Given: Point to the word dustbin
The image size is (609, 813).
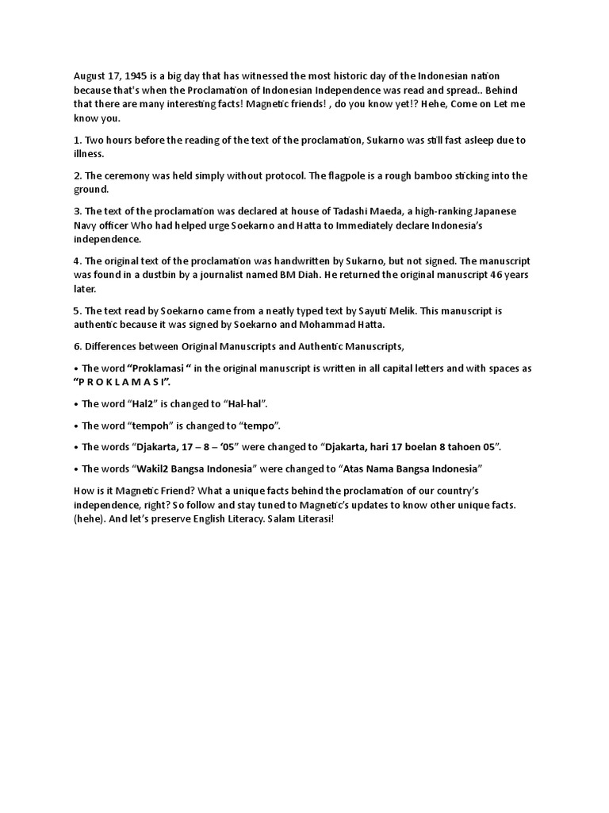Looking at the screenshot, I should click(183, 275).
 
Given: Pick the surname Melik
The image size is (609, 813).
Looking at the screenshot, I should click(435, 310).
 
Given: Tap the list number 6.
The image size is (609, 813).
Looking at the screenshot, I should click(76, 346).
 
